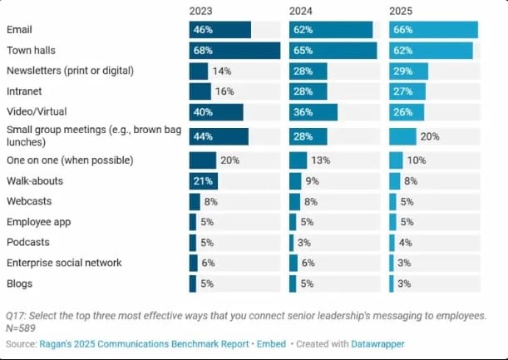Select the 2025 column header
point(402,11)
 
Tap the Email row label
point(20,30)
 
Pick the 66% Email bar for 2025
point(433,30)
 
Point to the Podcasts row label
point(27,242)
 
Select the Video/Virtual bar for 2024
point(313,111)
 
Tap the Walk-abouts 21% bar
point(204,180)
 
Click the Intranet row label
point(25,91)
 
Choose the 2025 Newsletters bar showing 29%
point(408,71)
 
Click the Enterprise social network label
point(63,263)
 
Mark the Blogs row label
point(20,283)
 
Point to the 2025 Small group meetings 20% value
point(430,136)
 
